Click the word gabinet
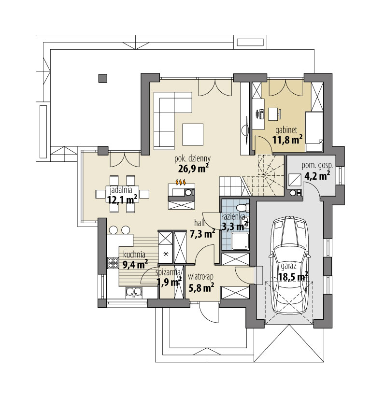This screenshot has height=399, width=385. point(286,130)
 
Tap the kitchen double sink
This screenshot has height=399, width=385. point(133,291)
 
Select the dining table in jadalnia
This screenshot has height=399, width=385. point(123,193)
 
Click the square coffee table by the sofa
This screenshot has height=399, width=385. point(193,134)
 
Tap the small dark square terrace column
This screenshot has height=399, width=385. point(102,77)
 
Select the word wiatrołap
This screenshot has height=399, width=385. point(200,277)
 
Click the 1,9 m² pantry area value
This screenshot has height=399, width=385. point(169,282)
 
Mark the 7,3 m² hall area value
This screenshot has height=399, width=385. point(203,234)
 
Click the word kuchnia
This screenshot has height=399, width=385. point(135,255)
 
